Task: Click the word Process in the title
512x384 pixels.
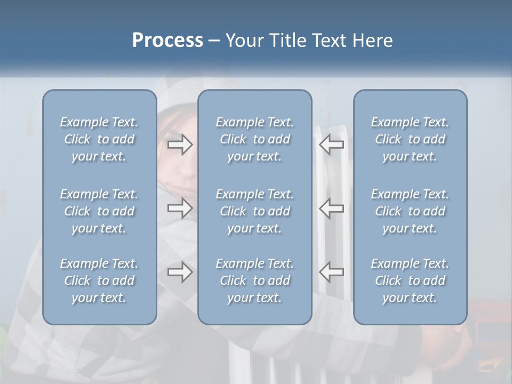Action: pyautogui.click(x=167, y=41)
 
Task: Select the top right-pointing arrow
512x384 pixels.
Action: pyautogui.click(x=180, y=145)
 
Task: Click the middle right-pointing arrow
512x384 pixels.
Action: pyautogui.click(x=180, y=207)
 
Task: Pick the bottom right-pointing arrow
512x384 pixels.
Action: pyautogui.click(x=180, y=272)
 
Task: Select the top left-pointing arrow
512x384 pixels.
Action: pyautogui.click(x=332, y=145)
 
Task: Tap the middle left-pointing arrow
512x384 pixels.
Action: pyautogui.click(x=332, y=207)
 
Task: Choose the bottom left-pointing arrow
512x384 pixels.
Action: pyautogui.click(x=332, y=272)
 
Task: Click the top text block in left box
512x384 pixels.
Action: pyautogui.click(x=99, y=139)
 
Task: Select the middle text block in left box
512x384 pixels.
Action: pyautogui.click(x=99, y=211)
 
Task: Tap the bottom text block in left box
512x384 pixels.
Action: pyautogui.click(x=99, y=281)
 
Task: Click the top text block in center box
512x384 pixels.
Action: pyautogui.click(x=255, y=139)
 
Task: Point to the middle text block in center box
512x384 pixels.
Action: pyautogui.click(x=255, y=211)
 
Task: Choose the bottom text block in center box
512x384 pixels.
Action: pyautogui.click(x=255, y=281)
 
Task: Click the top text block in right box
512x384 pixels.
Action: pyautogui.click(x=410, y=139)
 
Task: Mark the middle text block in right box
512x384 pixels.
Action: pyautogui.click(x=410, y=211)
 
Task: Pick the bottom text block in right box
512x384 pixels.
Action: pyautogui.click(x=410, y=281)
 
